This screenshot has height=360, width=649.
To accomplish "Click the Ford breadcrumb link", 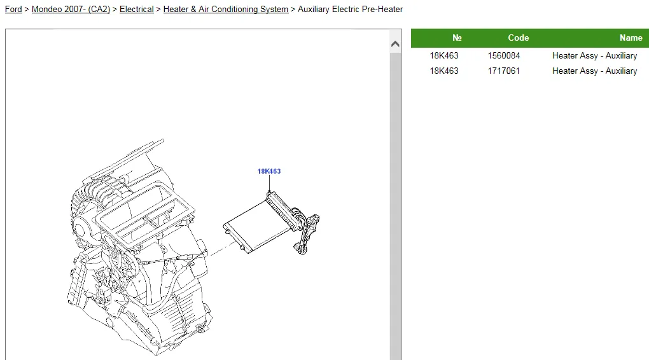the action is pyautogui.click(x=13, y=9).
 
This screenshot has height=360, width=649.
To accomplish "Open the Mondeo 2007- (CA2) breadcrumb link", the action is pyautogui.click(x=71, y=9).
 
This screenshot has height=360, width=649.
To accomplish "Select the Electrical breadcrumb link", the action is pyautogui.click(x=137, y=9).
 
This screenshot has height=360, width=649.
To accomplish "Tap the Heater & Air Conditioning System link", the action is pyautogui.click(x=226, y=9).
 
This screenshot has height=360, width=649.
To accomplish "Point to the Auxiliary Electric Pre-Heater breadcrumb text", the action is pyautogui.click(x=350, y=9).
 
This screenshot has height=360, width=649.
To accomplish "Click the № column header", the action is pyautogui.click(x=457, y=38).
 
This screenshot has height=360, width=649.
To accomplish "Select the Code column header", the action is pyautogui.click(x=518, y=38).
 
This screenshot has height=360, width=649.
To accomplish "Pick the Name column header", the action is pyautogui.click(x=631, y=38).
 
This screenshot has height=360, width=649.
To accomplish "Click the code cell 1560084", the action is pyautogui.click(x=504, y=55).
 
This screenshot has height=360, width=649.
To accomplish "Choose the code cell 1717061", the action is pyautogui.click(x=504, y=71).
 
